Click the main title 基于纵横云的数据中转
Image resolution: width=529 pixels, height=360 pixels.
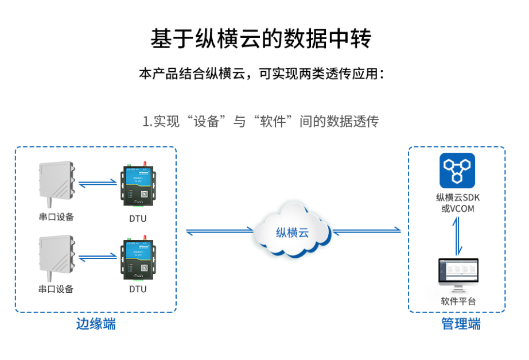pos(261,39)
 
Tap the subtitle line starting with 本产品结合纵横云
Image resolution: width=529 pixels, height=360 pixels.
pos(261,74)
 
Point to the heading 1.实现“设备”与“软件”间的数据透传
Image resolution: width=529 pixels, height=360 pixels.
pos(260,121)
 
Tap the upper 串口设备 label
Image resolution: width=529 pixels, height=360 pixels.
pos(56,217)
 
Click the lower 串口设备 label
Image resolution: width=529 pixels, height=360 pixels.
pos(56,289)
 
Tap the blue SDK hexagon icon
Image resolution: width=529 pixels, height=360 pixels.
pos(457,171)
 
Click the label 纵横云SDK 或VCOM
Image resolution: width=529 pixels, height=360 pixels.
pos(458,203)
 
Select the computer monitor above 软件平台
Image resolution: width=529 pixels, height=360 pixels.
pos(458,275)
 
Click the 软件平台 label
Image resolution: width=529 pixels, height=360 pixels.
pos(458,301)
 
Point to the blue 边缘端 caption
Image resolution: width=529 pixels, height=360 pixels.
pos(96,324)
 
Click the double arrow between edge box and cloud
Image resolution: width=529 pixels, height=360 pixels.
pos(220,231)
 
